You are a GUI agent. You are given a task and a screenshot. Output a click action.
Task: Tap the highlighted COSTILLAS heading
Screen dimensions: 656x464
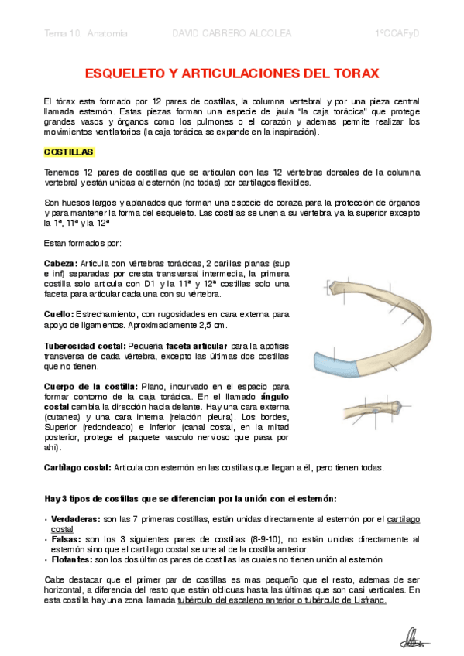coord(69,152)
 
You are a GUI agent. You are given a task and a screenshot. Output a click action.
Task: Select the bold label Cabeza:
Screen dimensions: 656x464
coord(61,264)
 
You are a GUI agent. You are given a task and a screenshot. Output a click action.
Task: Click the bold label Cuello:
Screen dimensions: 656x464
coord(59,314)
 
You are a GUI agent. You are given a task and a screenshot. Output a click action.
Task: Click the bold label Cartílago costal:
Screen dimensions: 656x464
coord(77,467)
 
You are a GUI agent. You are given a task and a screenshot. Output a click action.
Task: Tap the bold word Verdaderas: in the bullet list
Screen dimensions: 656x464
coord(75,519)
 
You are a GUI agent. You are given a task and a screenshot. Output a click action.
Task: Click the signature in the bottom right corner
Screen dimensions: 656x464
coord(414,638)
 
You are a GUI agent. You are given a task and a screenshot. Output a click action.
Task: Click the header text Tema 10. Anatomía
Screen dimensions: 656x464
coord(86,35)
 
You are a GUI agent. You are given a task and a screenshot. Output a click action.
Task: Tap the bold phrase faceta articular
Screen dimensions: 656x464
coord(191,345)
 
